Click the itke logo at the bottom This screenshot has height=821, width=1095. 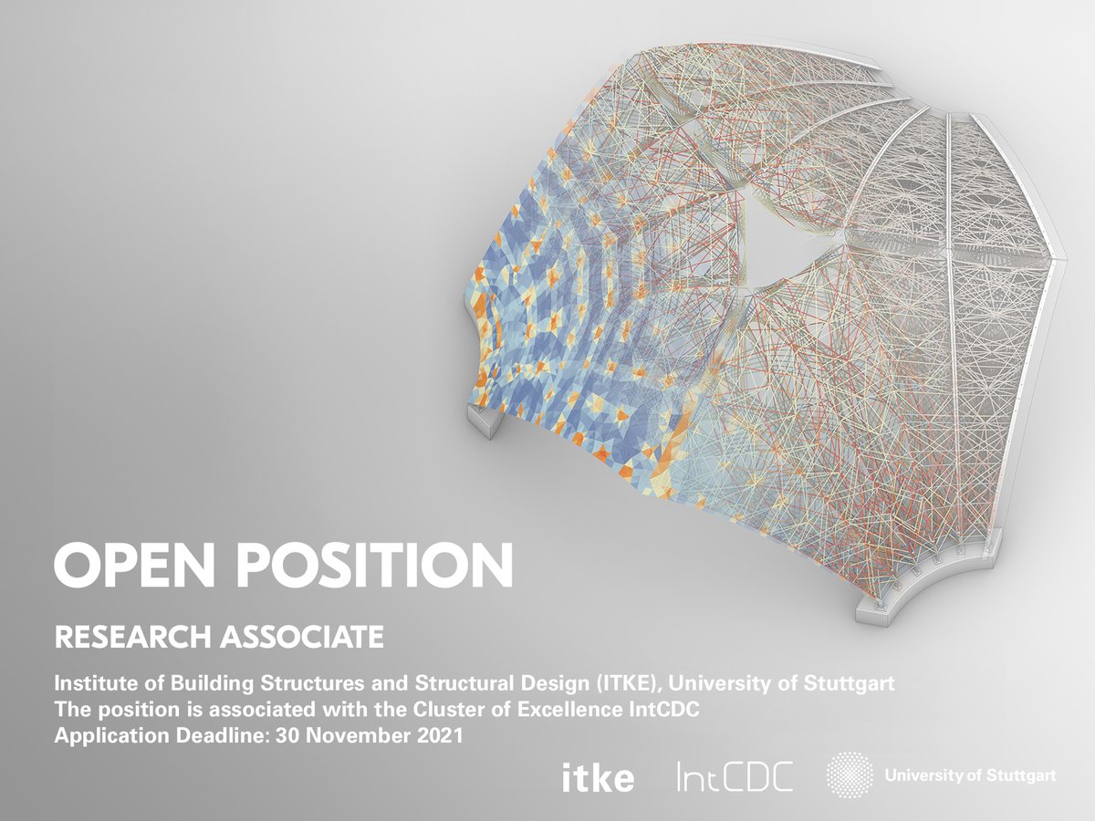[598, 778]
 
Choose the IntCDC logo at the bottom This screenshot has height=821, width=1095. [735, 777]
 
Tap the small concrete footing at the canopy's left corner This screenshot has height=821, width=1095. [486, 419]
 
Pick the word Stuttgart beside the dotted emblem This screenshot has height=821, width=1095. [1026, 776]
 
